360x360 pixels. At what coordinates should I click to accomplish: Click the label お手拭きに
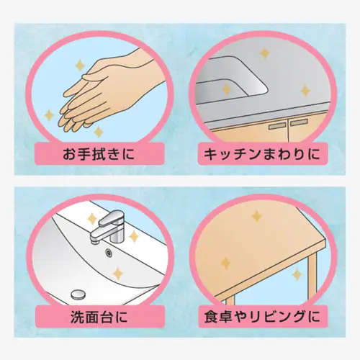tap(99, 154)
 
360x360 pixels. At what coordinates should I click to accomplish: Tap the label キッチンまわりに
tap(261, 154)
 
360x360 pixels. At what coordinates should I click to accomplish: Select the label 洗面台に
tap(99, 317)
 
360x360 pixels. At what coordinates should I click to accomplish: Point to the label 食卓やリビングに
tap(262, 317)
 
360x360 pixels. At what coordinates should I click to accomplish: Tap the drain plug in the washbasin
tap(78, 294)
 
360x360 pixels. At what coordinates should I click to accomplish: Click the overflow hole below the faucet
tap(109, 252)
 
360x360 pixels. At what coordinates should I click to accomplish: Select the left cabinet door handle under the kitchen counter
tap(277, 126)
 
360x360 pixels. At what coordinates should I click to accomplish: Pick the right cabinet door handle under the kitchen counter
tap(299, 122)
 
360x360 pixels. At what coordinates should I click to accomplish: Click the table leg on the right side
tap(312, 276)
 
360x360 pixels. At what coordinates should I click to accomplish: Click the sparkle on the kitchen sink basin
tap(226, 89)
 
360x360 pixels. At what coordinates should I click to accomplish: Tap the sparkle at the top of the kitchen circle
tap(265, 53)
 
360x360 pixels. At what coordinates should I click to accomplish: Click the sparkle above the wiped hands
tap(80, 65)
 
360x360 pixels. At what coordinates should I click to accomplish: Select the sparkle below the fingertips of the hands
tap(99, 132)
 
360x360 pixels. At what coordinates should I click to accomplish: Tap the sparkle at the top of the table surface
tap(256, 216)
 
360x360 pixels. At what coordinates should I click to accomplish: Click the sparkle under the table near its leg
tap(297, 275)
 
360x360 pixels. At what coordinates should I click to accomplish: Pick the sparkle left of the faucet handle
tap(91, 218)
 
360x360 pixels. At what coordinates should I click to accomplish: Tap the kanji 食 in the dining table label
tap(211, 317)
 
